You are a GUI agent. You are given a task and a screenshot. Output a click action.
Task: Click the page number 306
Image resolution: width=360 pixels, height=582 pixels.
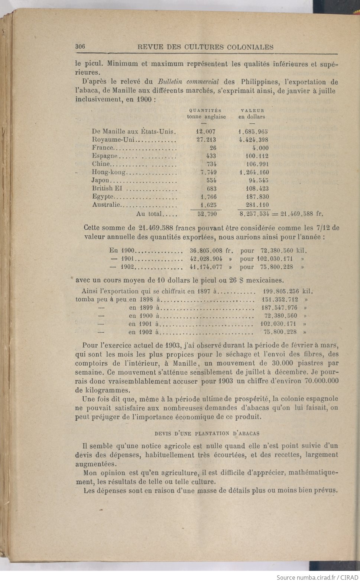[80, 46]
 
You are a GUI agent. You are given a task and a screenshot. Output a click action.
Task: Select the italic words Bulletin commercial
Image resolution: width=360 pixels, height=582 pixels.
[188, 82]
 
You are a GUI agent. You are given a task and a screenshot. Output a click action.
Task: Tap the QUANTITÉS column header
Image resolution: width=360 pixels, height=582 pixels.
[205, 110]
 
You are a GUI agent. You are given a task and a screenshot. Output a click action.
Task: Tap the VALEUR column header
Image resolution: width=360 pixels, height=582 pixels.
[252, 110]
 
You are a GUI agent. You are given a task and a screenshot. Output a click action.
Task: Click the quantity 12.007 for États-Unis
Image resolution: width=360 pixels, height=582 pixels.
[205, 132]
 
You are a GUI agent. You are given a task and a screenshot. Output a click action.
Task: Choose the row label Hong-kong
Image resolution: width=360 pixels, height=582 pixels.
[109, 172]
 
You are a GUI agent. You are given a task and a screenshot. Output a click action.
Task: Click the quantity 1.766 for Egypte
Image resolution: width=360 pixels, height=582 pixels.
[208, 197]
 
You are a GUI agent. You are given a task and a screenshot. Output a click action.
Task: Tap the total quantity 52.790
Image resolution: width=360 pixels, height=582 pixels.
[207, 214]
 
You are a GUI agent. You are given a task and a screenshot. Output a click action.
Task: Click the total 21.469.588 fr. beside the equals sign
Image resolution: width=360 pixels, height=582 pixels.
[302, 214]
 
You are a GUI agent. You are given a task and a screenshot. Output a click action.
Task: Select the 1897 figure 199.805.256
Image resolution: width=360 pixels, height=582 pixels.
[281, 291]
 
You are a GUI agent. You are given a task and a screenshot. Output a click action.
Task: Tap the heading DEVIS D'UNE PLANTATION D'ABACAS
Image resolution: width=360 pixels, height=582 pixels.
[207, 433]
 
